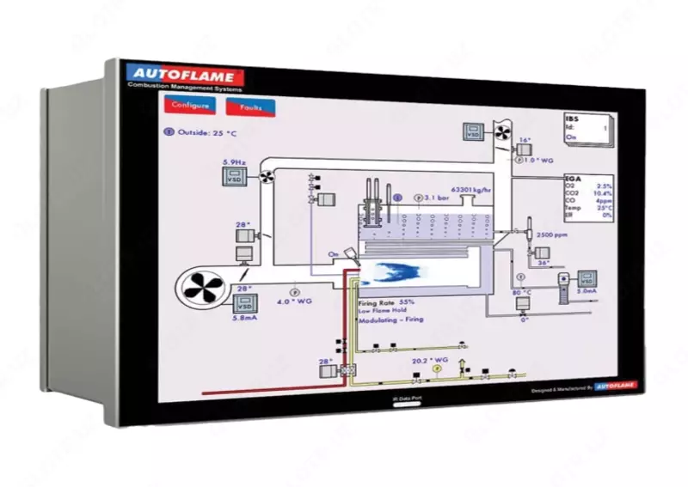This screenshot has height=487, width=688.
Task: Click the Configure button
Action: coord(190,106)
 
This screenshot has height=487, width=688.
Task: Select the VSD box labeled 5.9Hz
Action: coord(234,178)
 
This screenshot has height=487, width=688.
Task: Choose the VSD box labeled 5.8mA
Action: coord(245,304)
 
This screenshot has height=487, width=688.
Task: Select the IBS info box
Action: coord(587,126)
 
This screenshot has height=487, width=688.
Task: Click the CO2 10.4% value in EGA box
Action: coord(589,194)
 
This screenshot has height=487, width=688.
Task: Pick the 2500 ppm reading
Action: coord(552,234)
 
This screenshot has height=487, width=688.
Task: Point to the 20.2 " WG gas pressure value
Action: coord(430,361)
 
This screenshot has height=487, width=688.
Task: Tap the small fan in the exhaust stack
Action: coord(501,132)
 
